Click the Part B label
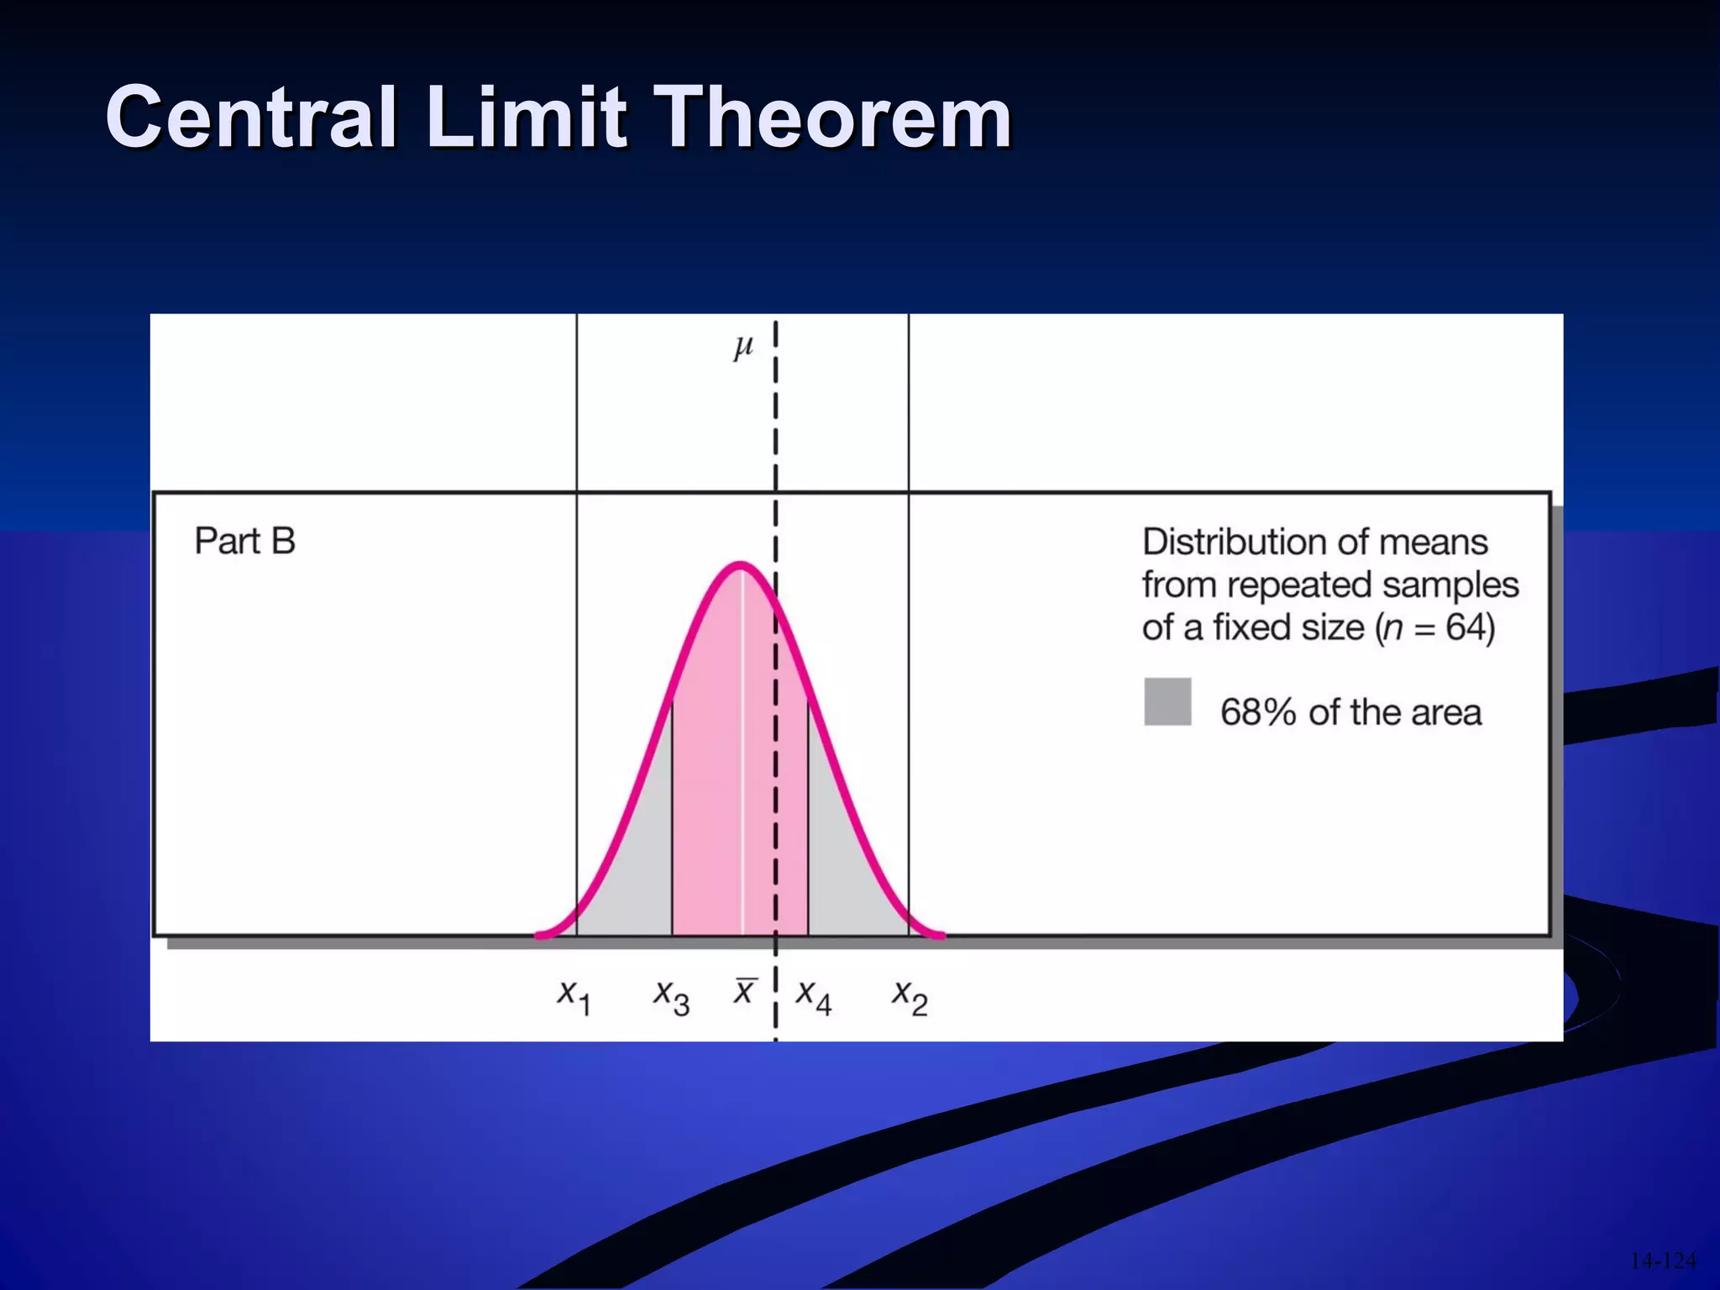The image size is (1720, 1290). [244, 542]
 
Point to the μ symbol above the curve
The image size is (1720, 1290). [743, 346]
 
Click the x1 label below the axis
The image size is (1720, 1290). [574, 997]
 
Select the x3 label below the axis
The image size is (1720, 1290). [672, 997]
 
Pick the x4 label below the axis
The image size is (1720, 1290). [814, 997]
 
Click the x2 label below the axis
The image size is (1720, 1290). [910, 997]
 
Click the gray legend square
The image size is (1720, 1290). [1167, 701]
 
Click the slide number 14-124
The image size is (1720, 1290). [1663, 1261]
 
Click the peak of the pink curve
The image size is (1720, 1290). [740, 565]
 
